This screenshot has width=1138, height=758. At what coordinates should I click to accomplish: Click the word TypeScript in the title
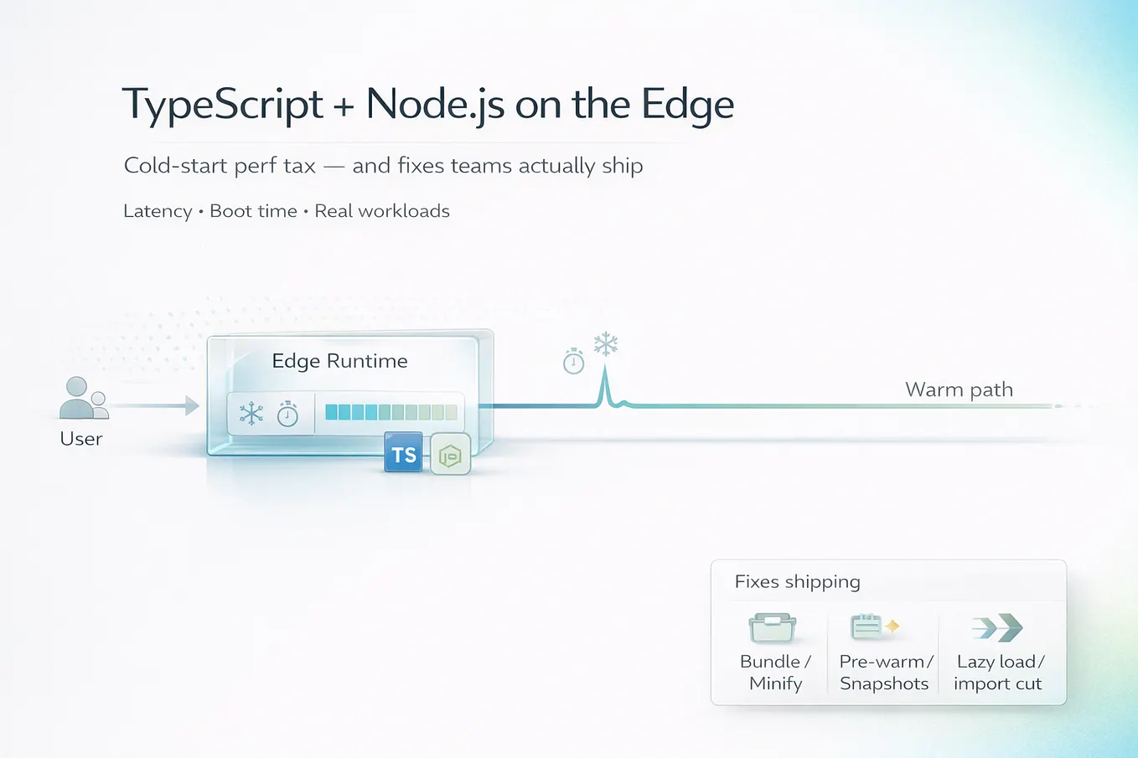(x=223, y=105)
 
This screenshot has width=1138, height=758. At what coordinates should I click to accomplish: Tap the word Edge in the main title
(x=687, y=105)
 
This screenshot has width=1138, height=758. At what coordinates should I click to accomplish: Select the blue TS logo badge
(x=403, y=452)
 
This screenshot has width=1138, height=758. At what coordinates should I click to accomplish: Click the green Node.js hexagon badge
(x=450, y=455)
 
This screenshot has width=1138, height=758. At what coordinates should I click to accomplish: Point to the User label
(x=80, y=439)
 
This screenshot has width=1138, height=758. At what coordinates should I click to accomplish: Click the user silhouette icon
(x=84, y=398)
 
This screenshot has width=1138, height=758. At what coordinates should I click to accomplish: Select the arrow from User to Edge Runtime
(x=156, y=405)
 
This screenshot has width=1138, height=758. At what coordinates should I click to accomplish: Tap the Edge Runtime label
(x=339, y=361)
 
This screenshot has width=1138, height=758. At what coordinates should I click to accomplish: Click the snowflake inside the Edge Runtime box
(x=251, y=413)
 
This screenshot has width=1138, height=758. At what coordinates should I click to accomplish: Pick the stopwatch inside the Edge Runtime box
(x=287, y=414)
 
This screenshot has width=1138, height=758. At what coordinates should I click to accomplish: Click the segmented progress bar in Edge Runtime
(x=391, y=412)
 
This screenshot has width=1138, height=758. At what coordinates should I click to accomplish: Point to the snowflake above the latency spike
(x=606, y=344)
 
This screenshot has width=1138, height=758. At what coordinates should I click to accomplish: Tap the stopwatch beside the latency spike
(x=573, y=361)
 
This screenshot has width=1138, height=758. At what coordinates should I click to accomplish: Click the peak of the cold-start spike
(x=604, y=368)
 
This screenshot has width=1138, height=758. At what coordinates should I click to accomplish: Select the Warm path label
(x=959, y=389)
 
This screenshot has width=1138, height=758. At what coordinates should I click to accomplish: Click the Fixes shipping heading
(x=797, y=582)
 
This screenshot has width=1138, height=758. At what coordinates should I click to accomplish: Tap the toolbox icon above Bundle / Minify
(x=773, y=627)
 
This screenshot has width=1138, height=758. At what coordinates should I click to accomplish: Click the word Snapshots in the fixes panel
(x=884, y=684)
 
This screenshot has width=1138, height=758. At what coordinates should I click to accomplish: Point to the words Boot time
(x=253, y=211)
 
